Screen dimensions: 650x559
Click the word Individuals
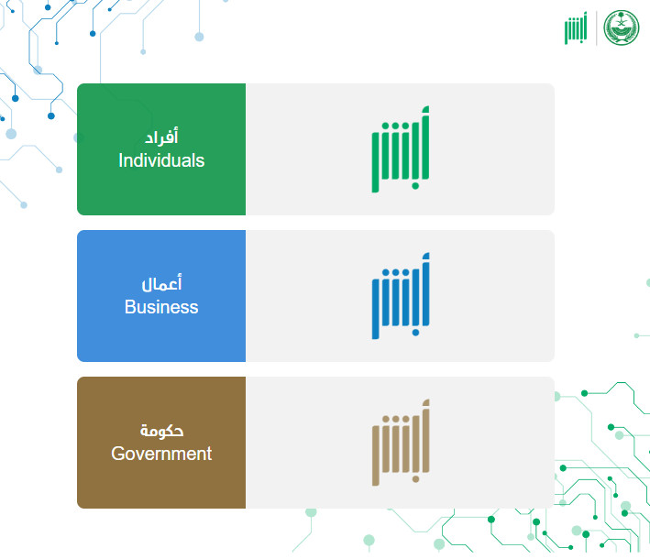(161, 160)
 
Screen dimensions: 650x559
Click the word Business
(161, 307)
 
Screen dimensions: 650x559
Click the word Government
(161, 454)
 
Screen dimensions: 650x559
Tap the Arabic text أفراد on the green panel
(161, 137)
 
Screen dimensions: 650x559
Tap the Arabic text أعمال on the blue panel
(161, 282)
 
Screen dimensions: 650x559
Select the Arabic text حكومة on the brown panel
(161, 431)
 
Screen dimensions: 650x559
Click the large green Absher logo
(401, 149)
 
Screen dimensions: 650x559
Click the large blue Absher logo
(401, 296)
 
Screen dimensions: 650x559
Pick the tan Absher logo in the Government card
(401, 443)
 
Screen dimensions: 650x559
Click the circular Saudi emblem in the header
(622, 27)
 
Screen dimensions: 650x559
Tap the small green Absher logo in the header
(576, 27)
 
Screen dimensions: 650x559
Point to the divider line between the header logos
(597, 27)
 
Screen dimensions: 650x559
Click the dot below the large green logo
(415, 186)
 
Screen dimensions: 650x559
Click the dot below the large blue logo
(415, 333)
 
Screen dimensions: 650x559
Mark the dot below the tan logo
(415, 479)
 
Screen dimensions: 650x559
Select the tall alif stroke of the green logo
(425, 143)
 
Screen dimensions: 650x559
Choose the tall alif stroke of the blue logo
(425, 290)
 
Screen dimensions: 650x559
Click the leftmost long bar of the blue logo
(376, 309)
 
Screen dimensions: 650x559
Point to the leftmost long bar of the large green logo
(376, 162)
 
